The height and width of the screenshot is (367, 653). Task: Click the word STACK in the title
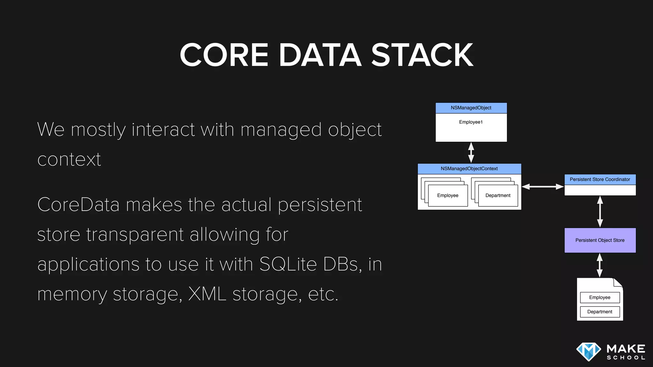[x=422, y=55]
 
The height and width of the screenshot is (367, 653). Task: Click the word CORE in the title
[x=224, y=55]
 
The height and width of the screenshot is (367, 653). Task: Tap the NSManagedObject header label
[x=471, y=108]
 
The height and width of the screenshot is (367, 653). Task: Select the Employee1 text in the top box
[x=471, y=122]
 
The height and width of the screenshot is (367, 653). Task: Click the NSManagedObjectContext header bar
[x=469, y=169]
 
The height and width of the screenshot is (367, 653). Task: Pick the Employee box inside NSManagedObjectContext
[x=448, y=196]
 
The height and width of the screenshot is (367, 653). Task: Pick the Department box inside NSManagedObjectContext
[x=498, y=196]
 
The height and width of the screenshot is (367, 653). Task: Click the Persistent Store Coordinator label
[x=600, y=180]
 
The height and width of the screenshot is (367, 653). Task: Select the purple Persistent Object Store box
[x=600, y=241]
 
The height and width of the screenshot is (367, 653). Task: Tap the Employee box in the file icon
[x=600, y=298]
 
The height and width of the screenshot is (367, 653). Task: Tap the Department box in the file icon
[x=600, y=312]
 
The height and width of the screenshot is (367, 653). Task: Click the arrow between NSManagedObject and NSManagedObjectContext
[x=471, y=153]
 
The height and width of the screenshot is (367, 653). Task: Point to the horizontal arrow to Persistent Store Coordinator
[x=543, y=187]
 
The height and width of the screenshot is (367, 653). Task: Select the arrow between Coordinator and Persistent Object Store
[x=600, y=212]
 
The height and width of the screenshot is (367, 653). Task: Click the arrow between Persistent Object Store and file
[x=600, y=265]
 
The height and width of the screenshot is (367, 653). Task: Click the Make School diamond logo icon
[x=589, y=352]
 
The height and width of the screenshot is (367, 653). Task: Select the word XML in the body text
[x=207, y=294]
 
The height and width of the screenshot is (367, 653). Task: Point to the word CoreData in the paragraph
[x=78, y=205]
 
